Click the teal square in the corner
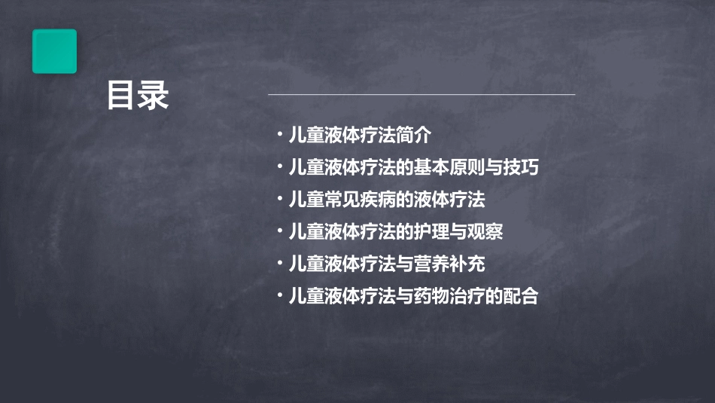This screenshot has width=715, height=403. click(54, 51)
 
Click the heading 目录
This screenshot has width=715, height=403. click(138, 96)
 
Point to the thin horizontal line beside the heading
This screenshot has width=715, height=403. click(421, 95)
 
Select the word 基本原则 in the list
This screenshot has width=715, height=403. click(449, 168)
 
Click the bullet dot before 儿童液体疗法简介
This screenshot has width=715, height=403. click(279, 136)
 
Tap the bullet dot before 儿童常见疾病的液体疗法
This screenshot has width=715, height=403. click(279, 200)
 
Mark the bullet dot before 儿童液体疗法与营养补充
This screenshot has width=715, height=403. click(279, 264)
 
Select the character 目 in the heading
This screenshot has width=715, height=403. click(122, 96)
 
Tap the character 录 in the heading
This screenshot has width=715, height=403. click(154, 96)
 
